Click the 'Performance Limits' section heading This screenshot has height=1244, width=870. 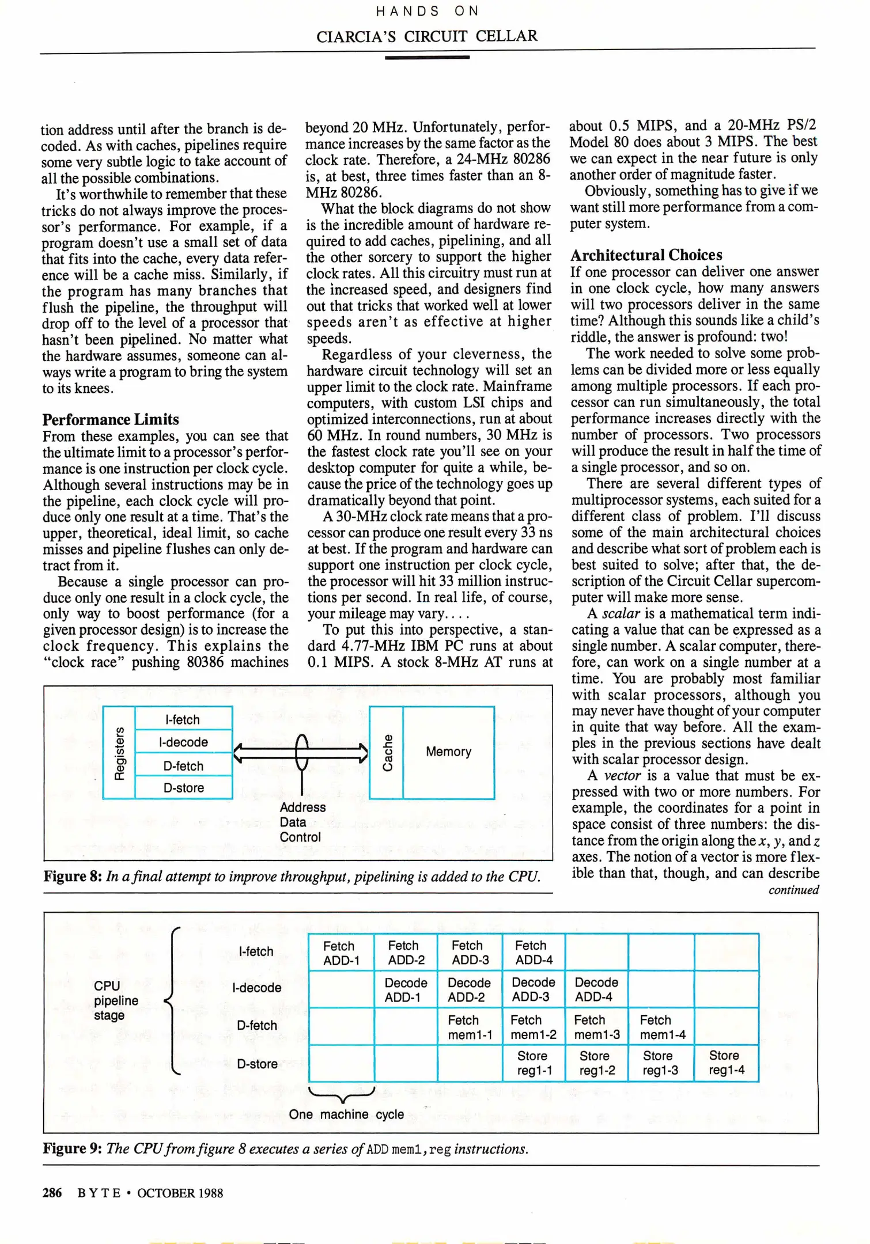point(111,419)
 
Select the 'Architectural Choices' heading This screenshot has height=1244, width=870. point(646,255)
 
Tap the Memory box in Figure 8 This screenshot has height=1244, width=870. point(448,752)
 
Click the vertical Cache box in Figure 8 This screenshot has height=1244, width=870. point(387,752)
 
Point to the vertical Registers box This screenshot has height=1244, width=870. point(119,752)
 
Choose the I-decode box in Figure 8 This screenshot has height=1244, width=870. point(183,742)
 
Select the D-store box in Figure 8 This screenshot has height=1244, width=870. point(183,787)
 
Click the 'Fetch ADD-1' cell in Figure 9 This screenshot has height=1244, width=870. point(341,953)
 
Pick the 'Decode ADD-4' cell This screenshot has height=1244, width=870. point(596,989)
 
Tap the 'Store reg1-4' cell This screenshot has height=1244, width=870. point(726,1063)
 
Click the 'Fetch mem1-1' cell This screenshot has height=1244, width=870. point(470,1027)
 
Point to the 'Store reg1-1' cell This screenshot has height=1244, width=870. point(534,1063)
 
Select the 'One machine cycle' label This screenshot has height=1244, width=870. point(346,1114)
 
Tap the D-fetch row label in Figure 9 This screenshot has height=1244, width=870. point(257,1025)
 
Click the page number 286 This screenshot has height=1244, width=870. point(52,1193)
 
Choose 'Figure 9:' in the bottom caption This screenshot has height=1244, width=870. point(73,1149)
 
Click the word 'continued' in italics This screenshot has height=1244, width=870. point(793,890)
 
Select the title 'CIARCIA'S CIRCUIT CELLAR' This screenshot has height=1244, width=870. point(426,36)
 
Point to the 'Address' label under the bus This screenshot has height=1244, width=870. point(302,807)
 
